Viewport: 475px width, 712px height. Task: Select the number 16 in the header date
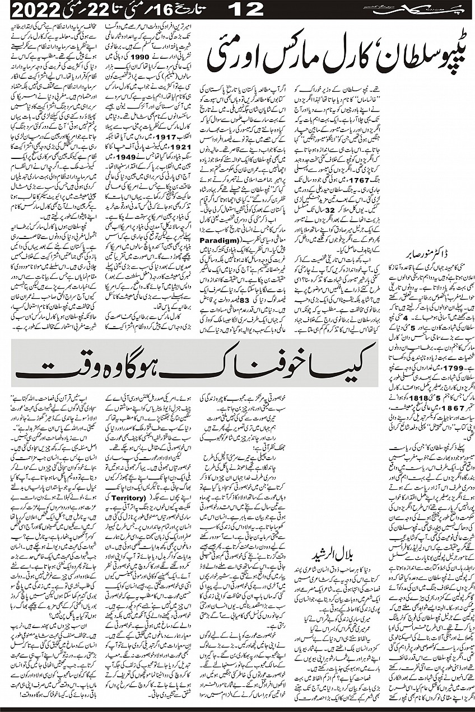(147, 10)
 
